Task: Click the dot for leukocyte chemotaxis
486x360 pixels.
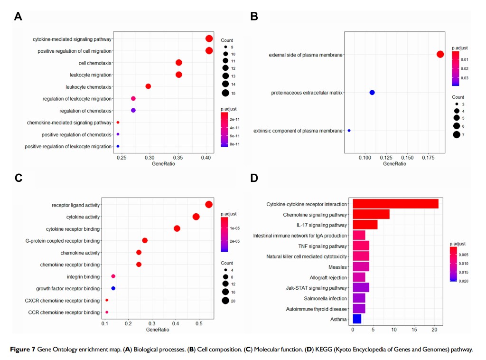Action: (x=148, y=86)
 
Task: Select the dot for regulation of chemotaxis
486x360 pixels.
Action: (x=133, y=111)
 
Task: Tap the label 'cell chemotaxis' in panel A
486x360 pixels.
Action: (x=95, y=63)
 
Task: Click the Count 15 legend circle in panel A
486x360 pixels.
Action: (x=225, y=93)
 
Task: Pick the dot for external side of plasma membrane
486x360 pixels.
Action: (x=440, y=54)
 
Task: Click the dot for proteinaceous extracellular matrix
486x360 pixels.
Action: (x=372, y=92)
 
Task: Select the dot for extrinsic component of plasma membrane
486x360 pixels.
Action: (x=349, y=131)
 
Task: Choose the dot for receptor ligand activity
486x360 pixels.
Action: (x=208, y=205)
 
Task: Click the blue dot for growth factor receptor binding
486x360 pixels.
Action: (x=113, y=288)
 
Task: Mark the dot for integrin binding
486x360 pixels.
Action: (x=113, y=276)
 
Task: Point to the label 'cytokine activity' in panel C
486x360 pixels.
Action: (x=83, y=217)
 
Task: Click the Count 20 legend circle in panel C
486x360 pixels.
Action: (x=225, y=300)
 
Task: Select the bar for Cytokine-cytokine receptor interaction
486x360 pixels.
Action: (x=395, y=204)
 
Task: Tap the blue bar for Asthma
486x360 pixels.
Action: (x=357, y=319)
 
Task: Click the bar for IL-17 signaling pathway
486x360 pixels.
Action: (x=365, y=225)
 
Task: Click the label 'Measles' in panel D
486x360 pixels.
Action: (x=337, y=267)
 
